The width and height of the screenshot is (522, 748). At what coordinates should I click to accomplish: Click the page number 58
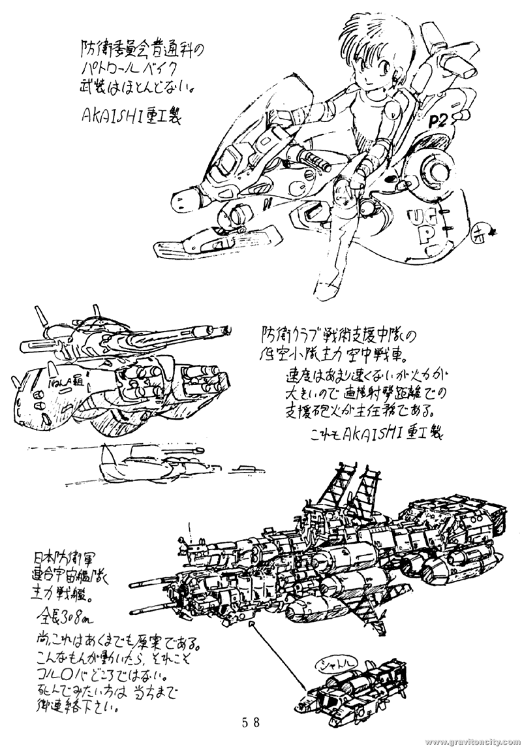pos(251,722)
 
